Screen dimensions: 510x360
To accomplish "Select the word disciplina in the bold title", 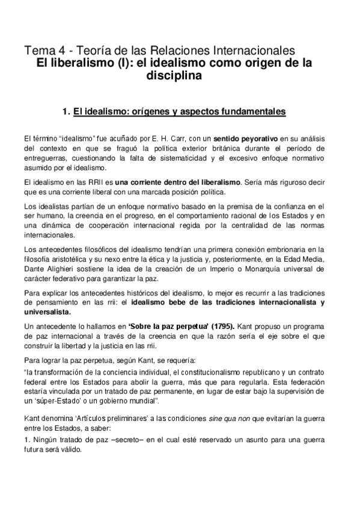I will (x=175, y=76).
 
